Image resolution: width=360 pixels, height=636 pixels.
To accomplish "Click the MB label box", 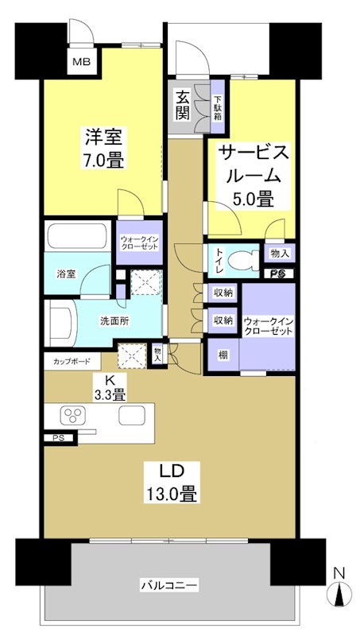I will click(83, 62).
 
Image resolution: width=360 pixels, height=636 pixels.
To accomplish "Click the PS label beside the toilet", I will click(278, 273).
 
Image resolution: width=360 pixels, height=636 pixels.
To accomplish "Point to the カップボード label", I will click(72, 360).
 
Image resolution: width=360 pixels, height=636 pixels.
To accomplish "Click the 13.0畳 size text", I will click(170, 494).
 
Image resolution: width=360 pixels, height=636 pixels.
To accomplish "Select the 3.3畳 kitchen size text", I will click(108, 394).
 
